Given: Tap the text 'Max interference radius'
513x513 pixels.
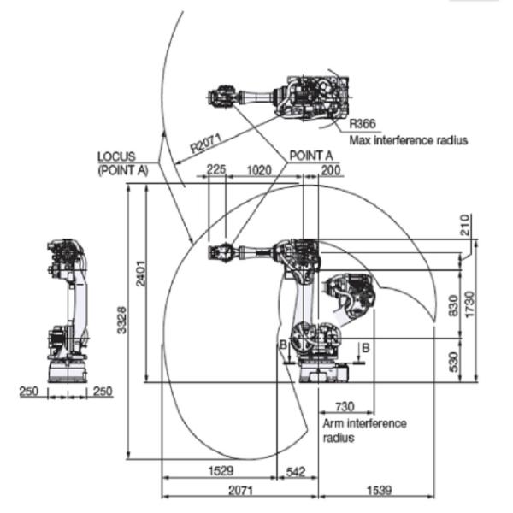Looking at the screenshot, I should [x=408, y=140].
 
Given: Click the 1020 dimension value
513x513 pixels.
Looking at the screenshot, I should [x=258, y=170].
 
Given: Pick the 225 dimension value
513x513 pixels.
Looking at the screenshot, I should [x=216, y=170].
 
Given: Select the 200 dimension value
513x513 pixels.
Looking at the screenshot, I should [x=329, y=170].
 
